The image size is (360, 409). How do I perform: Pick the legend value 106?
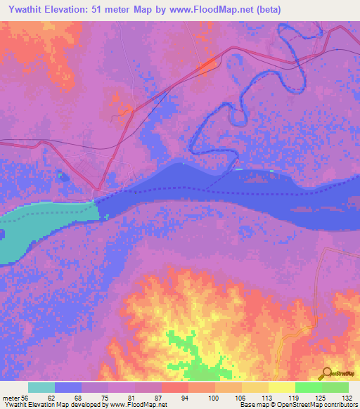click(222, 397)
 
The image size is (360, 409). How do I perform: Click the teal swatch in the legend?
click(41, 387)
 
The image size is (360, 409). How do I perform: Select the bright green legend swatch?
click(308, 387)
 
